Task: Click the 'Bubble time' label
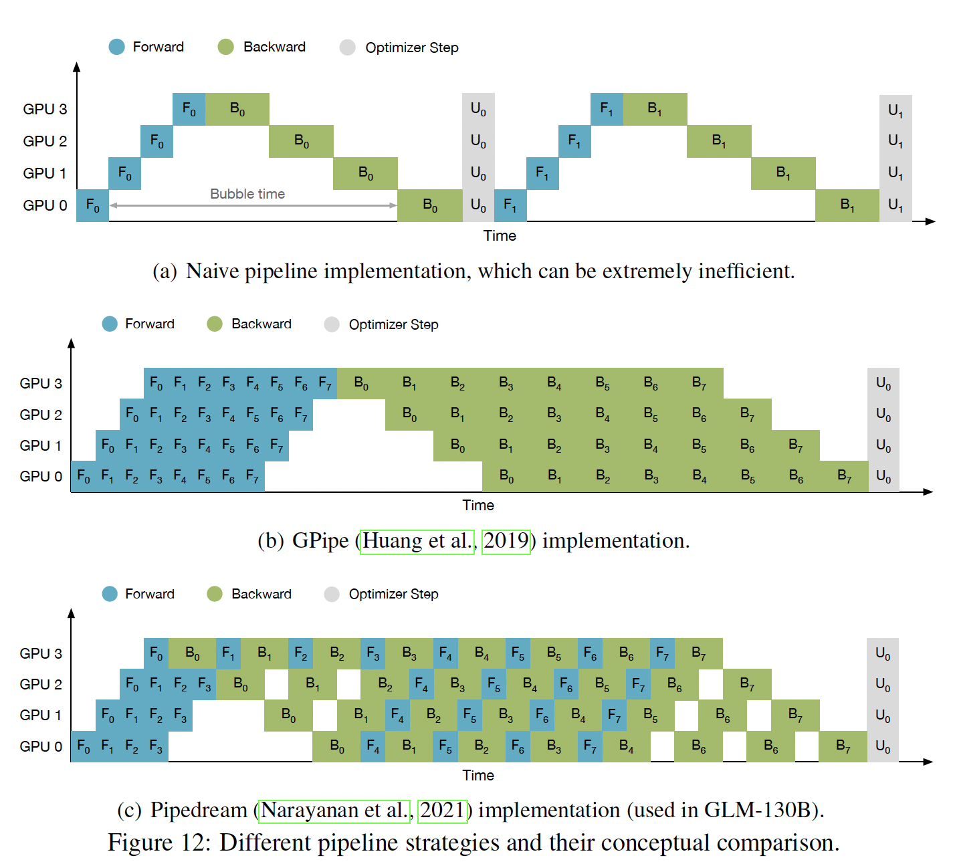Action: pyautogui.click(x=247, y=194)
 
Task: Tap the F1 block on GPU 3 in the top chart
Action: pyautogui.click(x=607, y=109)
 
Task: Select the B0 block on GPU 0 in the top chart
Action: pyautogui.click(x=430, y=205)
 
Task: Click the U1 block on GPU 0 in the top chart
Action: pyautogui.click(x=895, y=205)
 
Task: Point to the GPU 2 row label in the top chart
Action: pyautogui.click(x=45, y=141)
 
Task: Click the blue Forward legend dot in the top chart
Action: pyautogui.click(x=116, y=47)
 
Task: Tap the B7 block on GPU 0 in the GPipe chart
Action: pyautogui.click(x=844, y=476)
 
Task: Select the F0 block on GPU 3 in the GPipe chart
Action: pyautogui.click(x=156, y=383)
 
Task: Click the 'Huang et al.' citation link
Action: pyautogui.click(x=418, y=540)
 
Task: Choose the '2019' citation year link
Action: pyautogui.click(x=506, y=540)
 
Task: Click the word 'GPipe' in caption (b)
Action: pyautogui.click(x=320, y=540)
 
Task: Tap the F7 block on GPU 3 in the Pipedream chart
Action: pyautogui.click(x=662, y=653)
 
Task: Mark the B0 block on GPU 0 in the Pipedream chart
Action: pyautogui.click(x=337, y=746)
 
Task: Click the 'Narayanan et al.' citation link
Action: pyautogui.click(x=334, y=810)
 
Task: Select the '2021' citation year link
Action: pyautogui.click(x=441, y=810)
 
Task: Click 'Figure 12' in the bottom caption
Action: pyautogui.click(x=158, y=843)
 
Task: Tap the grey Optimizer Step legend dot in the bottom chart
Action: pyautogui.click(x=332, y=594)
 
